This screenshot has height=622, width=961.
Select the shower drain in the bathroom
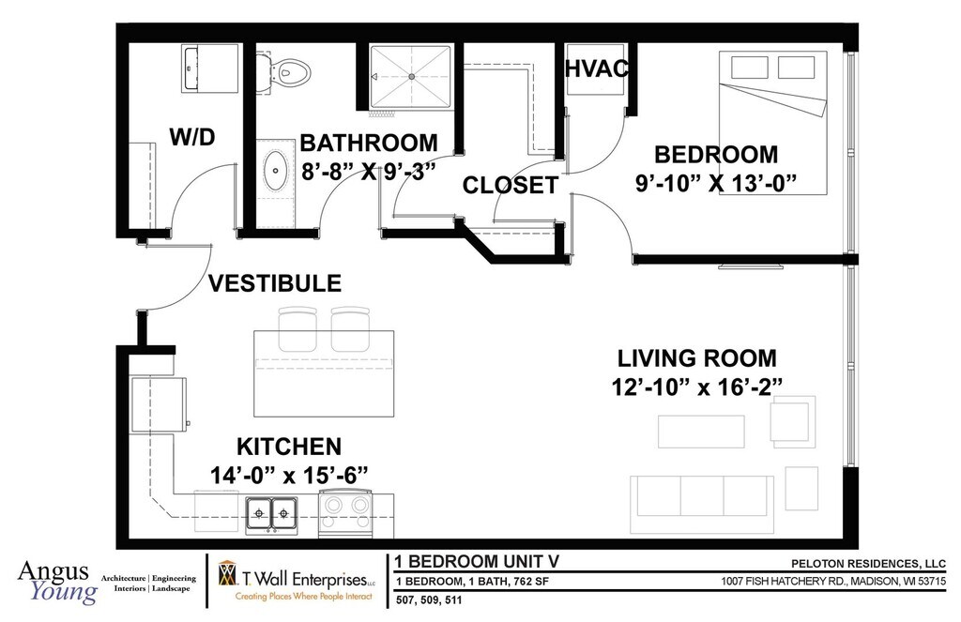pos(412,77)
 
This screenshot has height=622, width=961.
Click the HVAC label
pos(596,68)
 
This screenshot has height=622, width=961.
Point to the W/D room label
pos(192,137)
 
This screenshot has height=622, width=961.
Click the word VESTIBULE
pos(275,283)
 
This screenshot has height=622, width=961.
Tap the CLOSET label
pos(510,185)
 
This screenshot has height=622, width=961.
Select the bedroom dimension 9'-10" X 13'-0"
pos(716,183)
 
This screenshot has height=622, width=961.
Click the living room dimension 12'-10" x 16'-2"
pos(697,387)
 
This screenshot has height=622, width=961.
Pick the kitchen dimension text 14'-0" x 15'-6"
pos(289,475)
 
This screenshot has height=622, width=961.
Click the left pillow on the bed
pos(749,68)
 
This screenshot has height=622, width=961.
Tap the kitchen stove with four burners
pos(345,513)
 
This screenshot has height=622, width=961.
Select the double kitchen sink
pos(271,514)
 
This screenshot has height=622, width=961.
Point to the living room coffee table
pos(701,432)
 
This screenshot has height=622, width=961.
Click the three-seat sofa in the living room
pos(702,504)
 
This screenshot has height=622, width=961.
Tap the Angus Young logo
pos(57,583)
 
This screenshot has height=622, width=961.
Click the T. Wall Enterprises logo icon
pos(227,573)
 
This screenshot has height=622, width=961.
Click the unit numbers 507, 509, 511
pos(429,599)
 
